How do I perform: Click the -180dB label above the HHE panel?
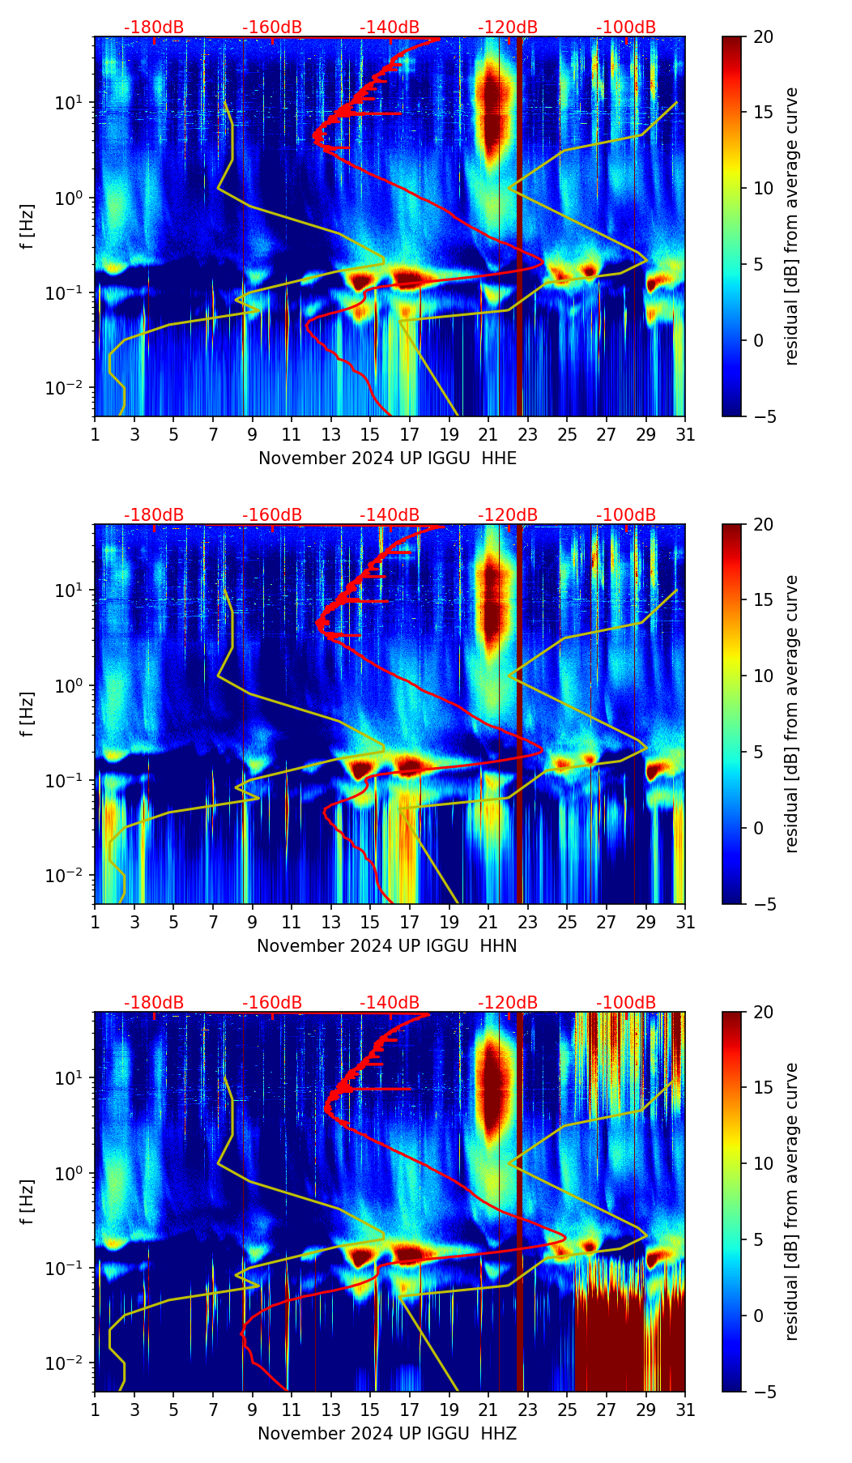point(154,28)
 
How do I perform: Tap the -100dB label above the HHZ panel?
point(626,1003)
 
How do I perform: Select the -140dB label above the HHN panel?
point(390,515)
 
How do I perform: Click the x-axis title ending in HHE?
point(387,459)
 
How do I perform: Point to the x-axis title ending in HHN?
point(387,946)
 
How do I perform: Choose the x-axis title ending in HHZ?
point(387,1434)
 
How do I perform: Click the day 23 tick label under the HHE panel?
point(527,435)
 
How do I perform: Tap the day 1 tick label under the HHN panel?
point(95,923)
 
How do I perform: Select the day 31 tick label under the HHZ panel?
point(685,1410)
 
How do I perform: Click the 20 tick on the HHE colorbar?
point(764,36)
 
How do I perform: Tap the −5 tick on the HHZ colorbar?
point(764,1392)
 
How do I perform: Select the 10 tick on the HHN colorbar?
point(764,676)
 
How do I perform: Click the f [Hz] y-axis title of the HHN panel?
point(28,714)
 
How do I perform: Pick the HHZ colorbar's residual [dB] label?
point(791,1201)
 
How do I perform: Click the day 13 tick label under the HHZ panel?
point(330,1410)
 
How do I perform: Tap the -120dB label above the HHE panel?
point(508,28)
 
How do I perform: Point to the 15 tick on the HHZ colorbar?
point(764,1088)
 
